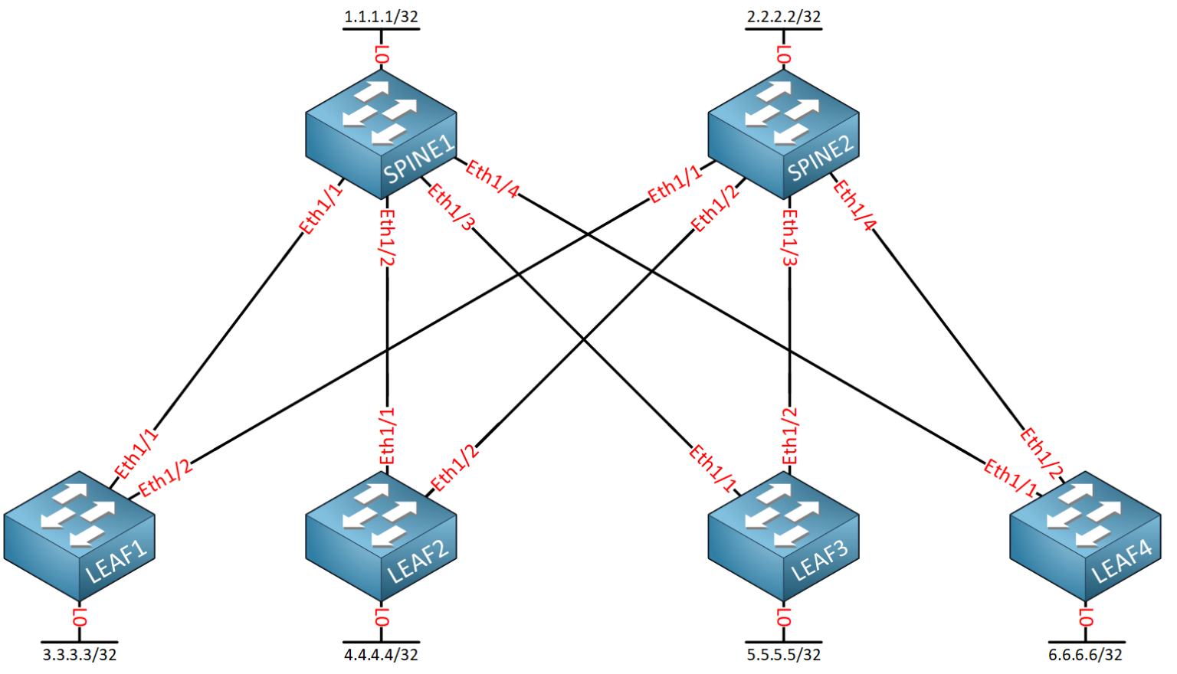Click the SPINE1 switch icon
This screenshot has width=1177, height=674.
(381, 133)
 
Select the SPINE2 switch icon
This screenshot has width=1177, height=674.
(783, 133)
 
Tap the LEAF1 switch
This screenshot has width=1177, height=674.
(79, 536)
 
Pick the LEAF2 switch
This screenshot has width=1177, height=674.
(381, 536)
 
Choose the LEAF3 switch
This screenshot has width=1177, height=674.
(783, 536)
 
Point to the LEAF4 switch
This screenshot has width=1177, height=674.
(1085, 536)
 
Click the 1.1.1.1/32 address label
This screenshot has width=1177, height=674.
(381, 16)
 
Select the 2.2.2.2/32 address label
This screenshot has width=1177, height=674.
(783, 16)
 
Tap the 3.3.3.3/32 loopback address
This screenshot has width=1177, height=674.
(80, 655)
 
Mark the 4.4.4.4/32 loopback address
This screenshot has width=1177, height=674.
(381, 655)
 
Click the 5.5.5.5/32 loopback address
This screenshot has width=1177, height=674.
(783, 655)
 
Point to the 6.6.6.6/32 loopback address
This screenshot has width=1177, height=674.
(1085, 655)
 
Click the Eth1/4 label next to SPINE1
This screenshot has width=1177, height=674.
(492, 179)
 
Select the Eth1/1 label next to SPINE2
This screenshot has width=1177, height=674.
(675, 184)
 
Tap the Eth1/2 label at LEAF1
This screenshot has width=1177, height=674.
(166, 478)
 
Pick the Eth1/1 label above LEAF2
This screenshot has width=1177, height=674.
(388, 437)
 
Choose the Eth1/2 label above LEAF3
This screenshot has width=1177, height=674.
(790, 437)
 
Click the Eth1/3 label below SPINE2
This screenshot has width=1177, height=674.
(790, 237)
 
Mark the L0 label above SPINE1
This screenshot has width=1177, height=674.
(382, 54)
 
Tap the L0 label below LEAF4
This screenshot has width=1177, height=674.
(1086, 617)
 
